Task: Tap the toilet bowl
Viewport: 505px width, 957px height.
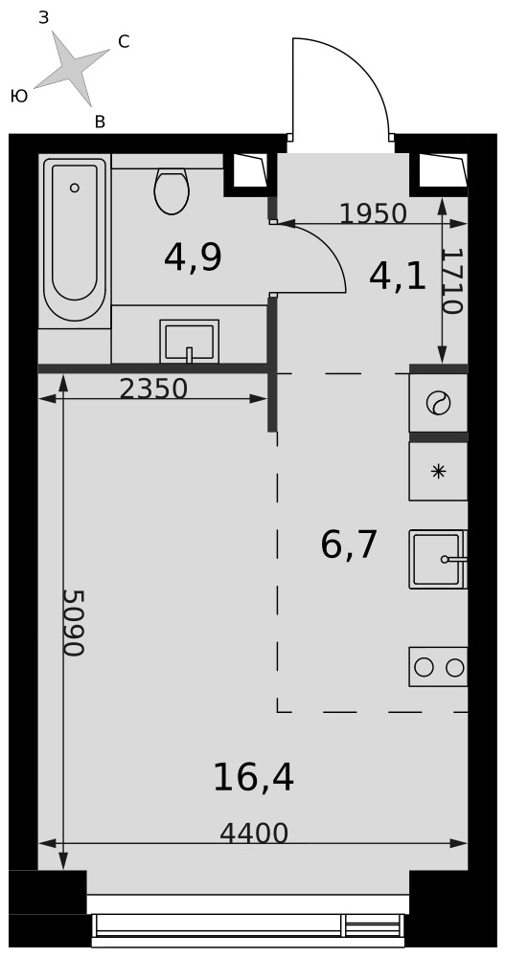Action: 172,190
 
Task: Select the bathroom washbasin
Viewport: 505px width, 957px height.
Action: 189,342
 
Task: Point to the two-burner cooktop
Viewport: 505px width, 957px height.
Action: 438,666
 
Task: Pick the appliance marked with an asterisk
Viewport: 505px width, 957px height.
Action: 438,471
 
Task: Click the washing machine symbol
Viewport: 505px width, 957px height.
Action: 438,404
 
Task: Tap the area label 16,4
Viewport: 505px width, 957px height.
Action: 253,779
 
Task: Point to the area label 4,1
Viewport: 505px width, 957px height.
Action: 398,278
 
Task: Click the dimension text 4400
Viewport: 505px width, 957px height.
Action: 254,834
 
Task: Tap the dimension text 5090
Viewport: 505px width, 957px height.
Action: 74,623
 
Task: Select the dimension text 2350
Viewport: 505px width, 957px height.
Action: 153,389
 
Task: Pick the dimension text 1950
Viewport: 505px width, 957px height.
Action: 373,213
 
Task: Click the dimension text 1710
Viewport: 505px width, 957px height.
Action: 451,280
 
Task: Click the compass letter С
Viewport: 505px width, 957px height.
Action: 124,41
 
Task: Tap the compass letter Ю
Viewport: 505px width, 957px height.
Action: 19,96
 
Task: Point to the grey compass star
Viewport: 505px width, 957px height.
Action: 71,67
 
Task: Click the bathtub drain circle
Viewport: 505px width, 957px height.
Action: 75,188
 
